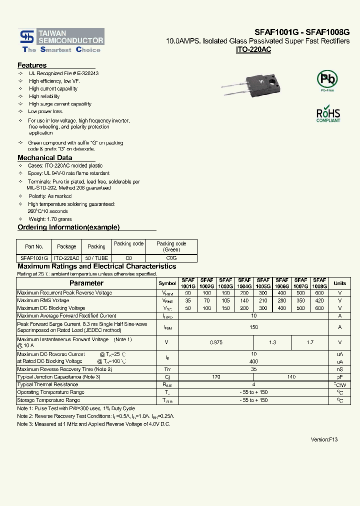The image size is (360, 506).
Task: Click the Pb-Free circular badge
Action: coord(327,79)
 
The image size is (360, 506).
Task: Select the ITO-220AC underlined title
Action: coord(253,50)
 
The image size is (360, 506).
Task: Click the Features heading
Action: coord(32,65)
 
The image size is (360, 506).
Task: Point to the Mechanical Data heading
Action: coord(45,157)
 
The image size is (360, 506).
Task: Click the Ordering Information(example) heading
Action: coord(68,227)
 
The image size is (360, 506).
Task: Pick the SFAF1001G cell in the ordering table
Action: coord(34,258)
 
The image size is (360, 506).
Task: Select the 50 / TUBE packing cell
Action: coord(96,258)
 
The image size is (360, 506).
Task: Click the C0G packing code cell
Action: coord(171,258)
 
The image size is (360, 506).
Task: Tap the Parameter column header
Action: coord(86,283)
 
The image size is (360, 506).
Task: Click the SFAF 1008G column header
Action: coord(319,283)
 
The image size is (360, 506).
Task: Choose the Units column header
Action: coord(339,283)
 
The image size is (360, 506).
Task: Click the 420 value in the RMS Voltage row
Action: coord(319,300)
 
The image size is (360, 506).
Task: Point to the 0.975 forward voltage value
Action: coord(215,342)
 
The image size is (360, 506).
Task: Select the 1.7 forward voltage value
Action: coord(310,342)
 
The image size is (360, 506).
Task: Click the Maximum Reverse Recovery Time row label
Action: coord(64,369)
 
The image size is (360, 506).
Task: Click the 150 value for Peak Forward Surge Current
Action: coord(253,327)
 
